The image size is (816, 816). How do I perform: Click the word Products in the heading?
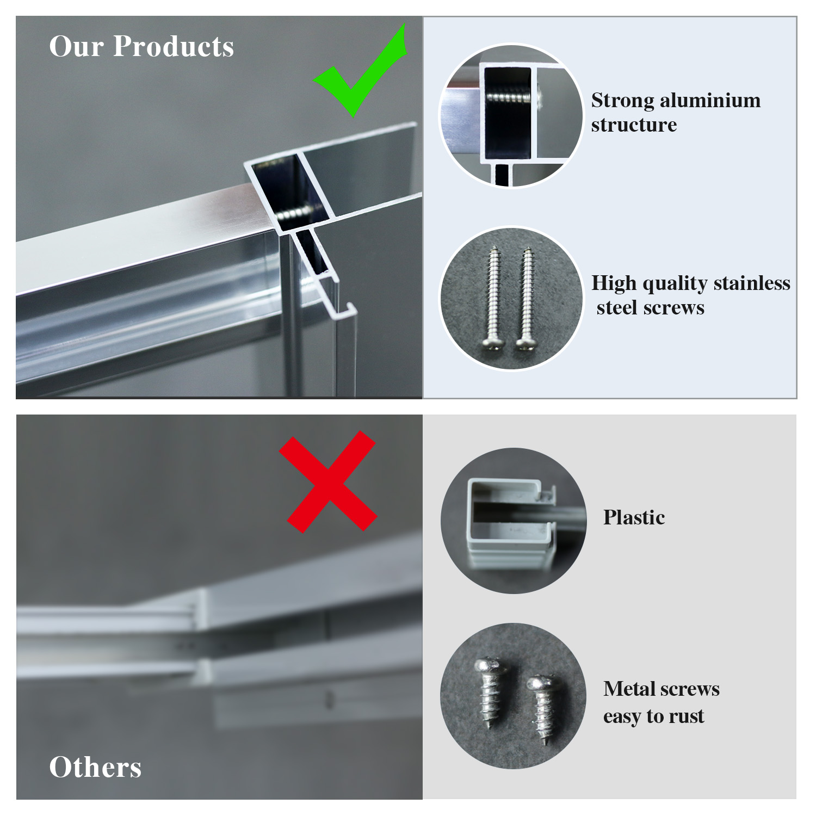click(174, 46)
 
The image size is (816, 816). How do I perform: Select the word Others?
click(95, 767)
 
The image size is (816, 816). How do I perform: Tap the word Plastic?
click(634, 517)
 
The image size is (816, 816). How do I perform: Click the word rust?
click(687, 716)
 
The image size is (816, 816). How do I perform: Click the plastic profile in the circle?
click(511, 522)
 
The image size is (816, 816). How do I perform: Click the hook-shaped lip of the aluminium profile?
click(340, 305)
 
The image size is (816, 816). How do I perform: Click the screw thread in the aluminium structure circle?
click(509, 97)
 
